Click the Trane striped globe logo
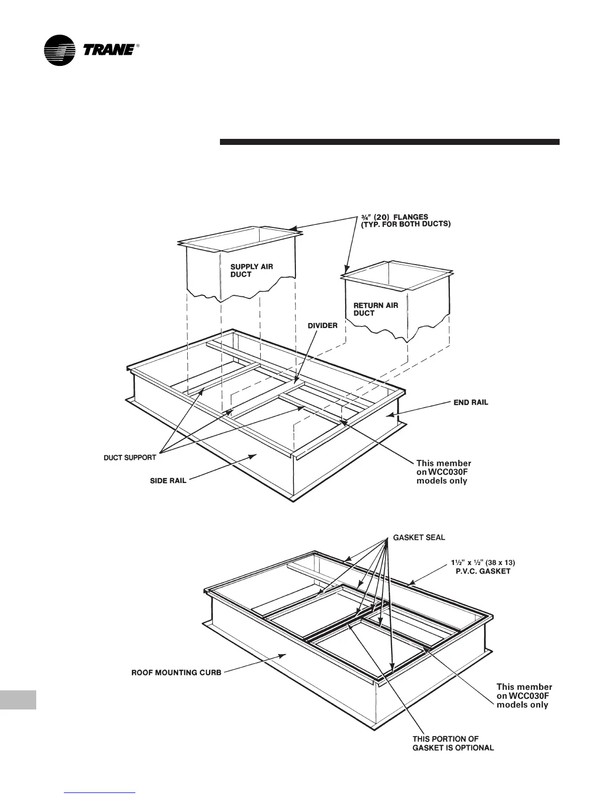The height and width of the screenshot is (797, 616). [59, 50]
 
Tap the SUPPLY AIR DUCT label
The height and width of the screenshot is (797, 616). [251, 270]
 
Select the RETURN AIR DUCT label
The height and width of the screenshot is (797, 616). [375, 309]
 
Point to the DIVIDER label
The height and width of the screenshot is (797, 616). [323, 326]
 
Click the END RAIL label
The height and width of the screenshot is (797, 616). [471, 403]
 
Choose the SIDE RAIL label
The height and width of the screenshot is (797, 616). [168, 481]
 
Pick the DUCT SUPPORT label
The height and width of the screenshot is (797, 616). [130, 458]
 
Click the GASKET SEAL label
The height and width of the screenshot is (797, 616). [419, 537]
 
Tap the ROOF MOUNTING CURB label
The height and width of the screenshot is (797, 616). [176, 673]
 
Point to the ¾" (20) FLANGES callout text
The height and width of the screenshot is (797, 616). [403, 220]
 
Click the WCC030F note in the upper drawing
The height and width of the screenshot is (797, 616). [444, 472]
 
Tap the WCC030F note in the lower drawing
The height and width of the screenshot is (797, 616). [524, 696]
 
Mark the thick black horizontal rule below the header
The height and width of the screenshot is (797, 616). [390, 142]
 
